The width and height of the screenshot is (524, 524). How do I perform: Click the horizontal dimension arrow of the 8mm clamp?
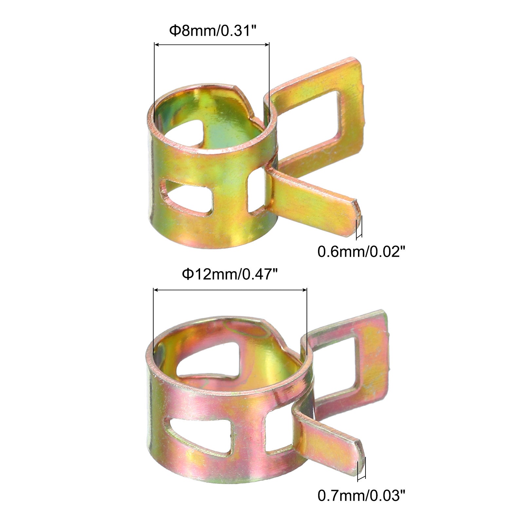pyautogui.click(x=212, y=45)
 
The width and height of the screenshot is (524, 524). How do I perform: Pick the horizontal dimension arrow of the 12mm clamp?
pyautogui.click(x=230, y=290)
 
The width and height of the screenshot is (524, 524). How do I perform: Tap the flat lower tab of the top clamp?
pyautogui.click(x=314, y=200)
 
